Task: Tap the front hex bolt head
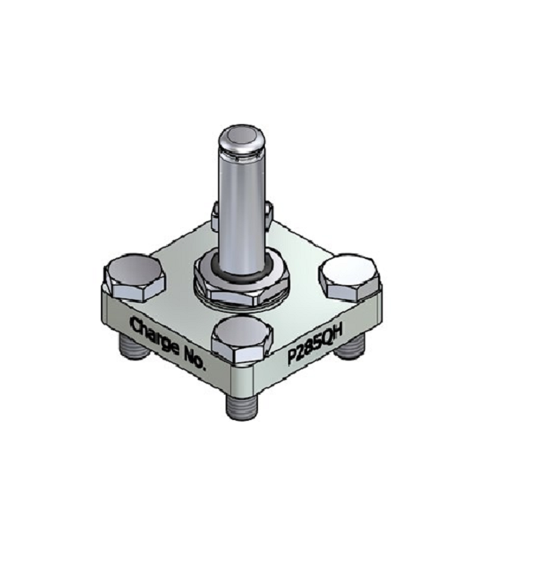(243, 338)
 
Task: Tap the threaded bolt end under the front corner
(243, 404)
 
